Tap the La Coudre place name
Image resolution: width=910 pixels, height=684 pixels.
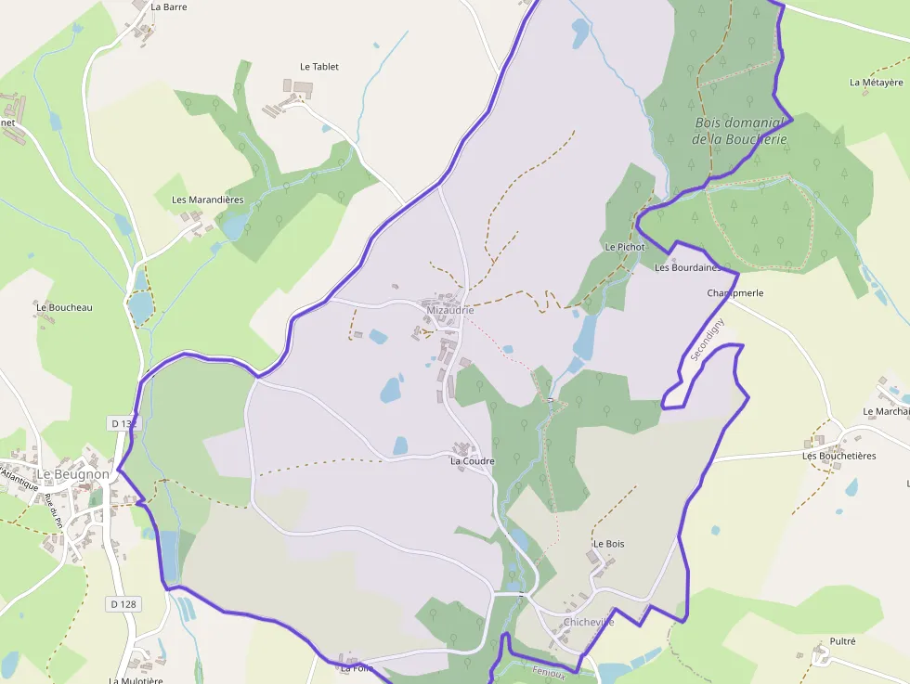point(473,460)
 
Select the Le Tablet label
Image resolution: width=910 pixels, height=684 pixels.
point(319,67)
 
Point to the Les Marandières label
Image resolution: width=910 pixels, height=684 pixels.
point(208,200)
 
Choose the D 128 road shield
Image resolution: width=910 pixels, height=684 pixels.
point(123,604)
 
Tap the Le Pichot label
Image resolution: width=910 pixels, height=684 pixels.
point(624,247)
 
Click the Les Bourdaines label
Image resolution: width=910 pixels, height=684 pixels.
point(687,267)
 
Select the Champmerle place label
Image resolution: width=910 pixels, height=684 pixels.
point(735,292)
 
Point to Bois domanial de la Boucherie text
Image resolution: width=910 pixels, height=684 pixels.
point(740,131)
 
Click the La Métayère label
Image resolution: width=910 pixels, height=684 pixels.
point(877,82)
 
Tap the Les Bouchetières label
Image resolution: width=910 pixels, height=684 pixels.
point(839,456)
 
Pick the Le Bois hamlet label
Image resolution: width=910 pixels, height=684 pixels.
point(608,543)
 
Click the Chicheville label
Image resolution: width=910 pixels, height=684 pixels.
point(589,622)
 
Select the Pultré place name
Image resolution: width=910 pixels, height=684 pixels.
point(842,641)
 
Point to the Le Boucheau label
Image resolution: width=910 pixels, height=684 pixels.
point(64,307)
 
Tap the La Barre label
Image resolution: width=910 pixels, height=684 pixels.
point(168,6)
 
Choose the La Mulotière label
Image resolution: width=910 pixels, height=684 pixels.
point(136,680)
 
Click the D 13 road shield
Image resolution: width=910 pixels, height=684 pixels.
point(123,423)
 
